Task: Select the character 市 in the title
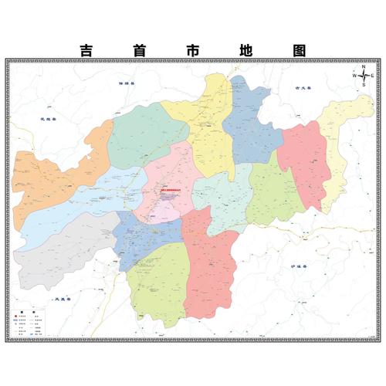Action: tap(193, 50)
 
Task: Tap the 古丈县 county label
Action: tap(302, 89)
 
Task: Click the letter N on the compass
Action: tap(363, 66)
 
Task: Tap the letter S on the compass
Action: tap(363, 85)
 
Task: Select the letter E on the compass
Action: tap(371, 76)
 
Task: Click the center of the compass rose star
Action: tap(363, 76)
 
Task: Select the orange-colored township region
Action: tap(54, 174)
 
